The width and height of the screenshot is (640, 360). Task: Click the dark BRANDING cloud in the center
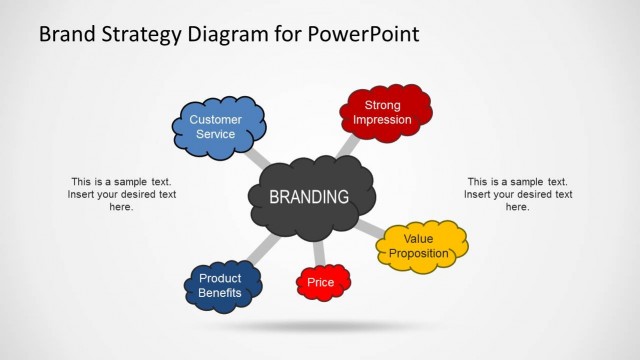(310, 197)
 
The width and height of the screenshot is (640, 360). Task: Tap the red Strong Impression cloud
(386, 112)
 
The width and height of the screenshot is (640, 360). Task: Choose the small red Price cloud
(323, 283)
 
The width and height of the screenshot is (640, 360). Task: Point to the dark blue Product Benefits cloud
(223, 286)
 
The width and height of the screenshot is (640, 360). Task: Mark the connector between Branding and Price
(319, 254)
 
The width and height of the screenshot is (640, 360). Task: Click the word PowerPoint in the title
(363, 34)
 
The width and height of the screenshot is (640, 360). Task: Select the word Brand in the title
(67, 34)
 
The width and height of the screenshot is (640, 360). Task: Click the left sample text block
(121, 194)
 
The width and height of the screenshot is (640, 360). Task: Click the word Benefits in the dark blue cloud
(220, 293)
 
